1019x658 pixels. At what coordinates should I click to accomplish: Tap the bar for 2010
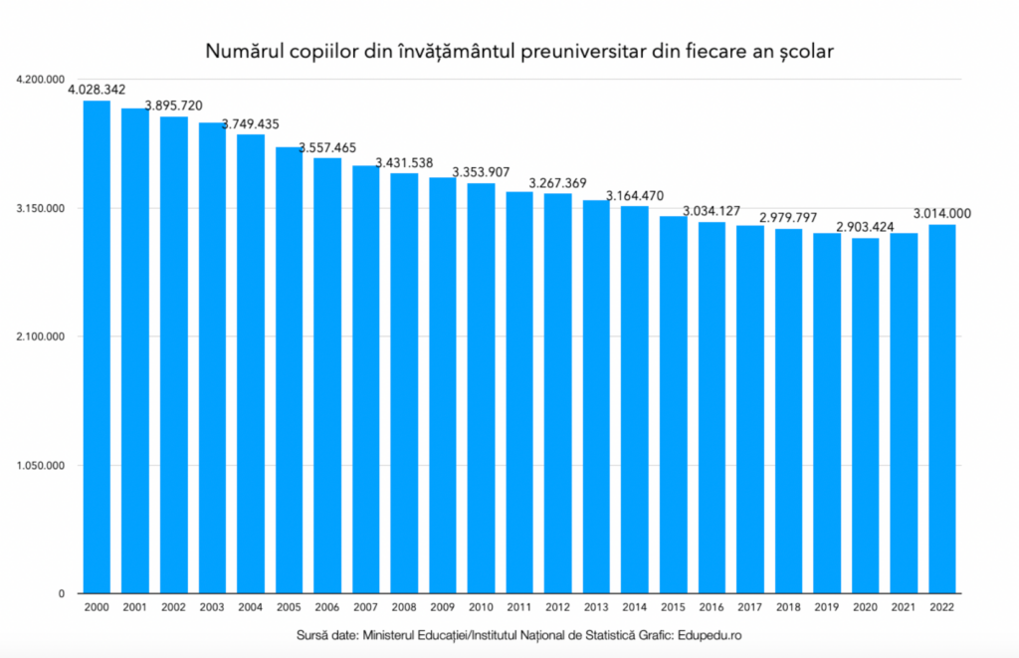[481, 388]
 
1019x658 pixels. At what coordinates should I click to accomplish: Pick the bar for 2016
[712, 407]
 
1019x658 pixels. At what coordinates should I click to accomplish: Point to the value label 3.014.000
[942, 213]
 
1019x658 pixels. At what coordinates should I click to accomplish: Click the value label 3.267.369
[557, 183]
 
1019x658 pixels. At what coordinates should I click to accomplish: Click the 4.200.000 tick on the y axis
[37, 79]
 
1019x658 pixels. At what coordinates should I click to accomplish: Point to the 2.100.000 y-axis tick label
[37, 336]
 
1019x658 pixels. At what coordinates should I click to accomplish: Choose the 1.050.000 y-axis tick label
[37, 466]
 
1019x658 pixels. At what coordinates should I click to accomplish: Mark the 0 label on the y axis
[61, 594]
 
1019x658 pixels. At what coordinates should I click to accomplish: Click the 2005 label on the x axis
[289, 607]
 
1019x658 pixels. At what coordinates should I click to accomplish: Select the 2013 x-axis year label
[596, 607]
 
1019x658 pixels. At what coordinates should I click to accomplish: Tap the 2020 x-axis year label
[866, 607]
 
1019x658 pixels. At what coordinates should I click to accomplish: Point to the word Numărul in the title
[240, 49]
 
